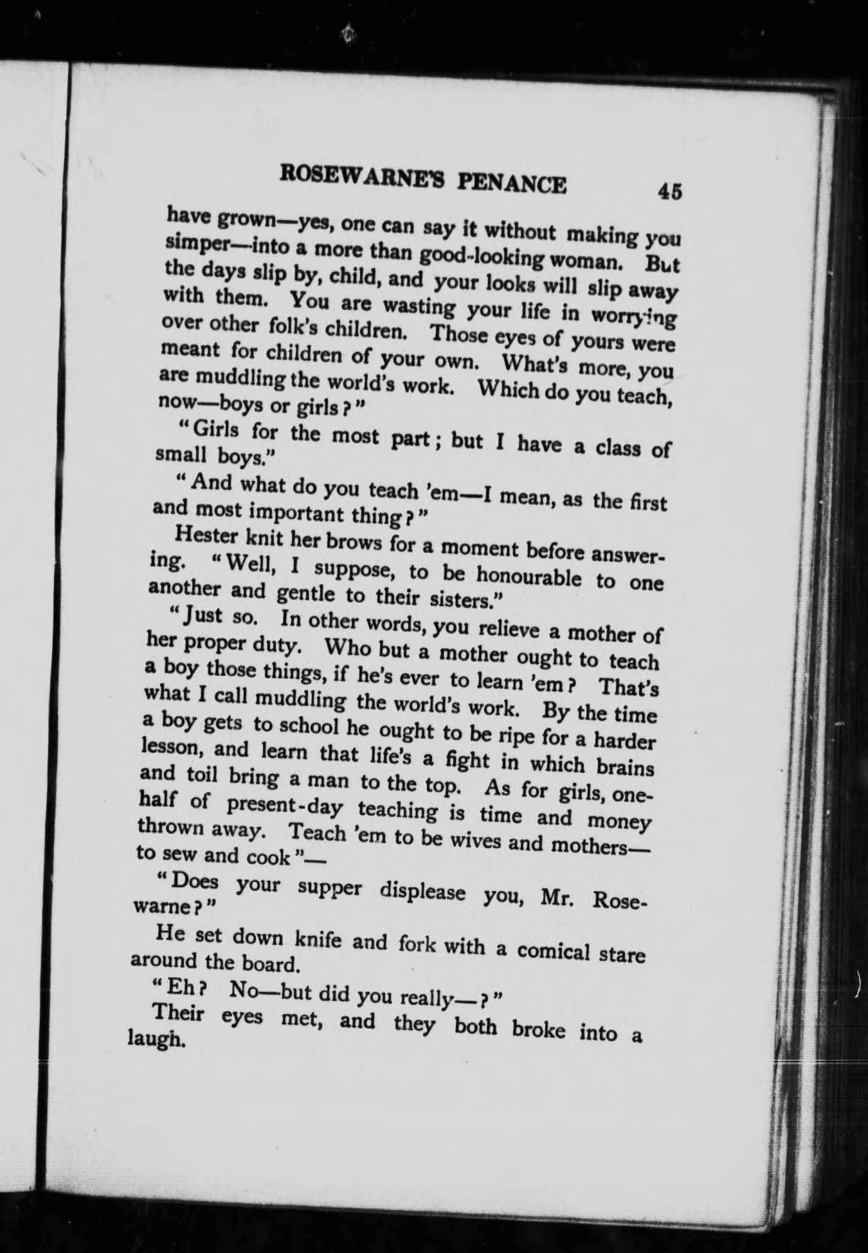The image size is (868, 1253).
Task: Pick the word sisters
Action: (461, 600)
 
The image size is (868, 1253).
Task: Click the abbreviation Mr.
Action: (557, 897)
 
